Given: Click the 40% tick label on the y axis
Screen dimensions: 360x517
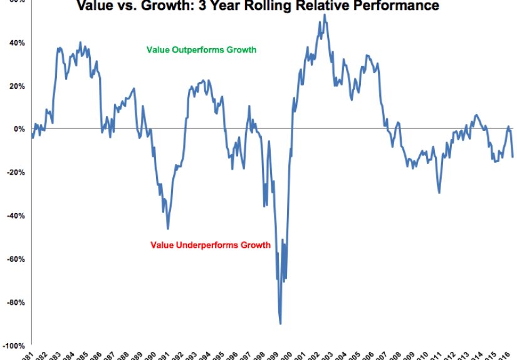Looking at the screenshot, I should (16, 43).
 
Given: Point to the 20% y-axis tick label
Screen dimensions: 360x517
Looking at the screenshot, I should (16, 86).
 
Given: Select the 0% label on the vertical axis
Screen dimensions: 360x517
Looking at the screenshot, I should (18, 129).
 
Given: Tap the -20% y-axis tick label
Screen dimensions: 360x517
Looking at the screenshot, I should (14, 172).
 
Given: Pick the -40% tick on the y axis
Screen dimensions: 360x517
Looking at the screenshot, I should (14, 215).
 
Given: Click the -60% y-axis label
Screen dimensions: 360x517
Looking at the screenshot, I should (14, 259).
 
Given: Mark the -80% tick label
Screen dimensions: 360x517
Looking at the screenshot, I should (14, 302).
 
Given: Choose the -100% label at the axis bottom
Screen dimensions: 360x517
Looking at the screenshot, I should (13, 345).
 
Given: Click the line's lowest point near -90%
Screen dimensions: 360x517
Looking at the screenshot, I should (280, 324).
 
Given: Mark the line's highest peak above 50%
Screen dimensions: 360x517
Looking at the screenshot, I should (324, 15).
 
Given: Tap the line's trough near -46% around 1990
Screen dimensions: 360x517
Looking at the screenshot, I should (168, 229).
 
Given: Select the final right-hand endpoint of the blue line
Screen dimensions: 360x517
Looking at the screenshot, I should (513, 157).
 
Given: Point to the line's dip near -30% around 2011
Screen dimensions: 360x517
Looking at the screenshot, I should (439, 193).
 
